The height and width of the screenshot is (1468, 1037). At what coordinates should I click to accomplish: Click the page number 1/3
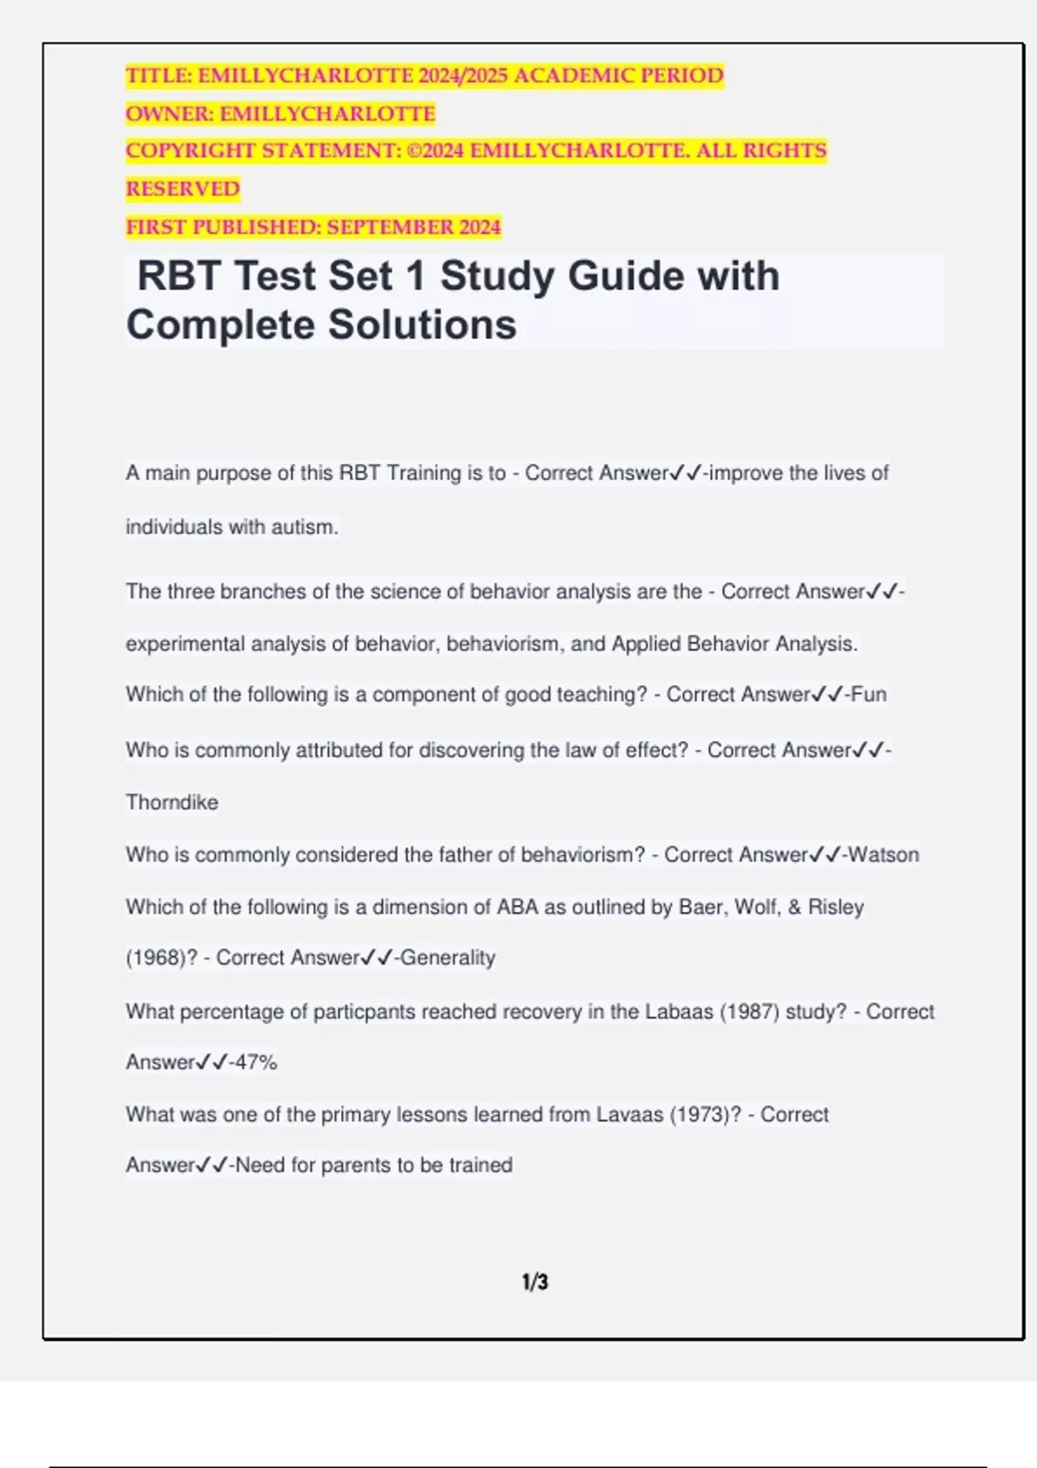coord(535,1282)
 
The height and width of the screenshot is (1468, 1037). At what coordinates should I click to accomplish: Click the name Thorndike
coord(172,802)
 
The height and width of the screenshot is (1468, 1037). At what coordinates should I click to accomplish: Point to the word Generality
coord(448,958)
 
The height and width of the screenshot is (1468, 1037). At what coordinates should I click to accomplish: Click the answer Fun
coord(868,694)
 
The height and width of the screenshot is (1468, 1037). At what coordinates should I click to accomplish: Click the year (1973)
coord(705,1114)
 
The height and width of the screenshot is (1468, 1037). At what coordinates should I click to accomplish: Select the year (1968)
coord(156,958)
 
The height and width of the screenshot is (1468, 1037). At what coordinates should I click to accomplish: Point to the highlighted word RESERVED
coord(183,189)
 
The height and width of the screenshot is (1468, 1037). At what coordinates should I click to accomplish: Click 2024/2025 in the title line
coord(463,76)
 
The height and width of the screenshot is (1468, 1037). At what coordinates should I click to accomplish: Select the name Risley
coord(836,907)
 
